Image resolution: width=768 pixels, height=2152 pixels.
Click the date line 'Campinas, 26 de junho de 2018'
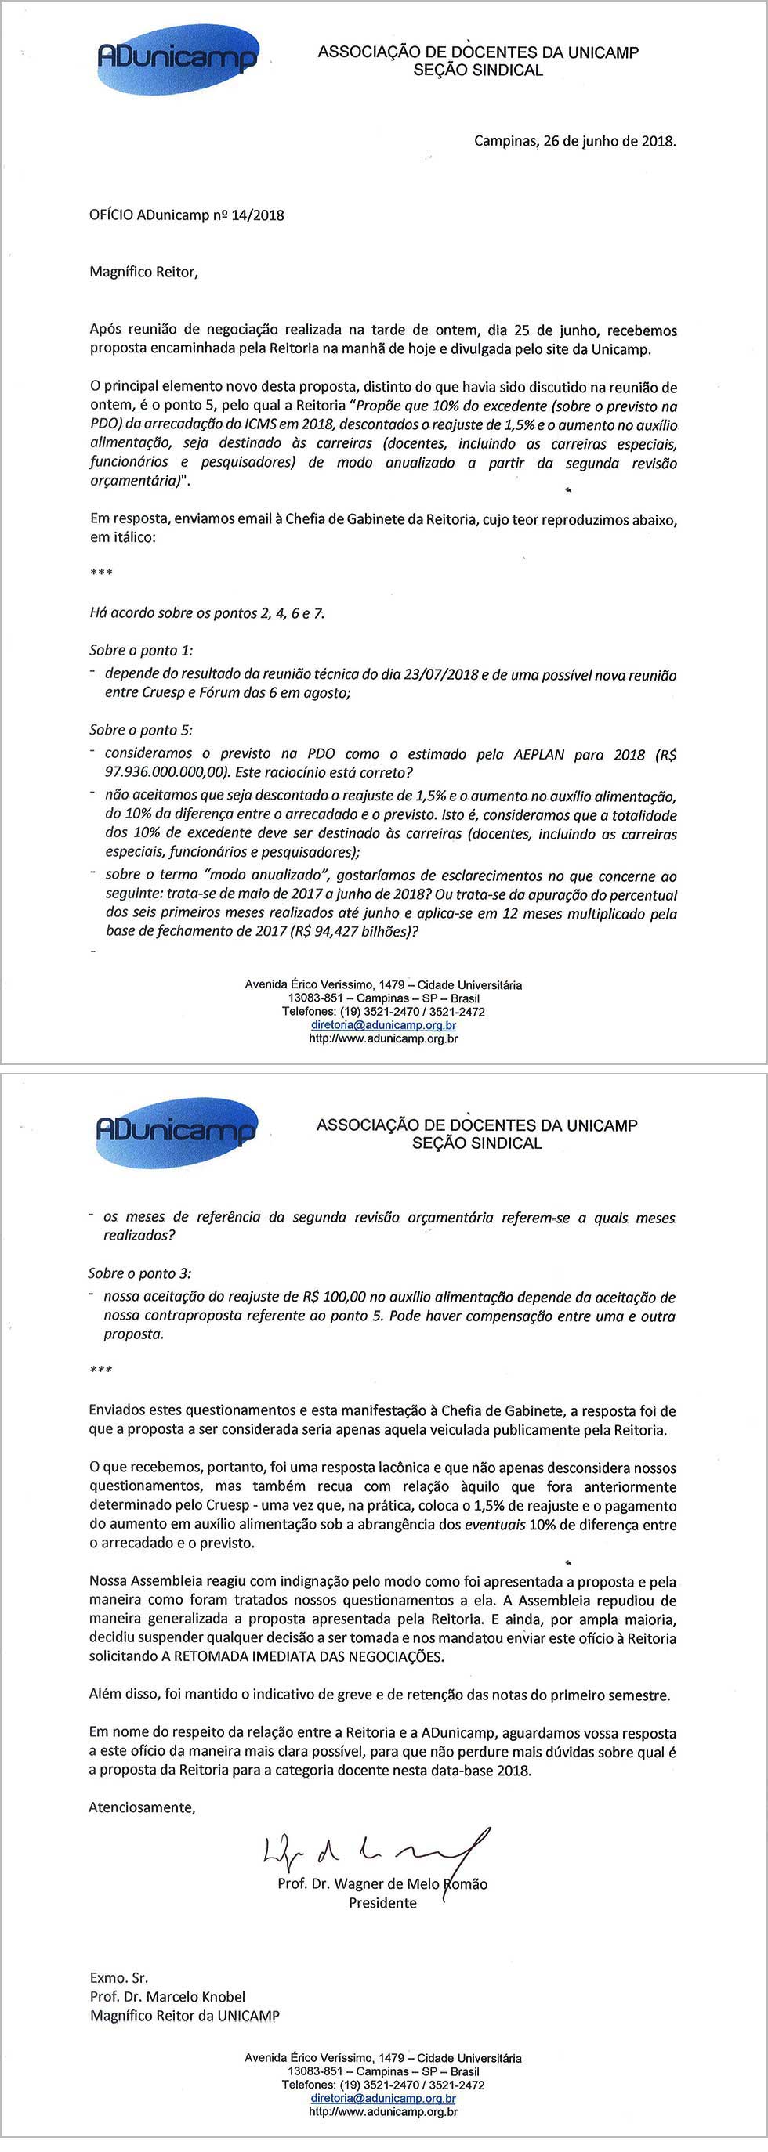[x=575, y=141]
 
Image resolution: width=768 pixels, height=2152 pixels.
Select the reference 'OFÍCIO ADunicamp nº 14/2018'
[x=187, y=215]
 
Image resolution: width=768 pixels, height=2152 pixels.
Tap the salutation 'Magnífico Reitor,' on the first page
[x=143, y=273]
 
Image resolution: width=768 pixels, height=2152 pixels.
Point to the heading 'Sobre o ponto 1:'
[x=141, y=651]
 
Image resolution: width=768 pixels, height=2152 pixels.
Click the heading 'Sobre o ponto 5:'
[x=141, y=730]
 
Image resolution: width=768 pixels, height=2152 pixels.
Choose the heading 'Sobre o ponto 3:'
[x=139, y=1274]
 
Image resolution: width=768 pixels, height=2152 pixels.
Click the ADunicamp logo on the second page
[x=176, y=1132]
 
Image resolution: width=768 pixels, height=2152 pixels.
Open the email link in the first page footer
[x=383, y=1025]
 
